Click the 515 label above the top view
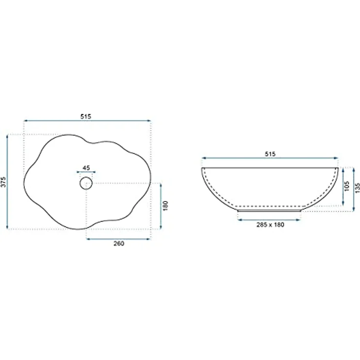point(86,116)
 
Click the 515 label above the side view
point(270,154)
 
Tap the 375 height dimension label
point(3,182)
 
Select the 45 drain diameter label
point(86,168)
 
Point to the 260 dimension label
point(119,244)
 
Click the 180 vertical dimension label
point(165,206)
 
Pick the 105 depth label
point(347,186)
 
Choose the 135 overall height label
point(358,188)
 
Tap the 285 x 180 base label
point(270,225)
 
